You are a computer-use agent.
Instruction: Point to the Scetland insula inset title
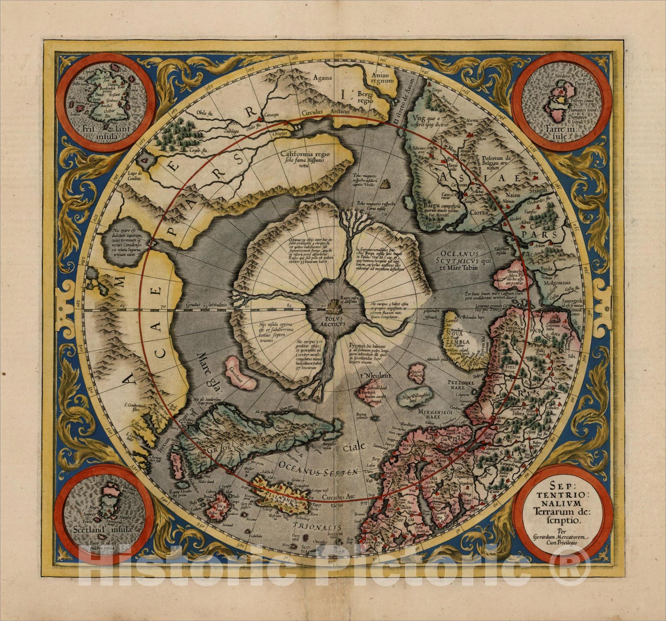coord(102,530)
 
